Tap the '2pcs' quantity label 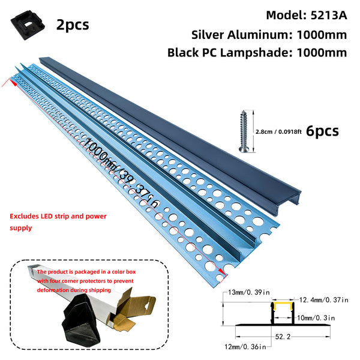[73, 25]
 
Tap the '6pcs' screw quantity [322, 131]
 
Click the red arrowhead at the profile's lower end [223, 272]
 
